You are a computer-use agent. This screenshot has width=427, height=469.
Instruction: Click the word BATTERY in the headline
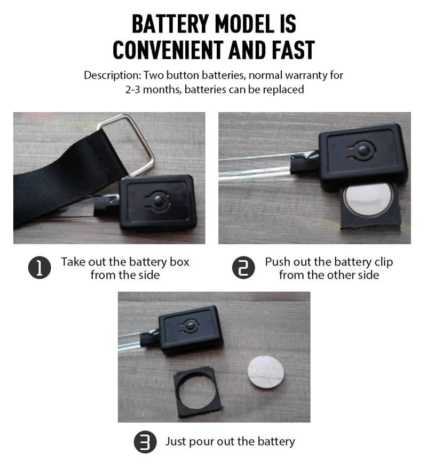point(170,24)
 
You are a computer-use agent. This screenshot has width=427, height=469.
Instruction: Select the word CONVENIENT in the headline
point(168,50)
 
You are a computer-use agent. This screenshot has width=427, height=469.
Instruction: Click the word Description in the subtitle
point(112,75)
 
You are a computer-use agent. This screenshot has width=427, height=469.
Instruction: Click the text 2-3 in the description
point(133,89)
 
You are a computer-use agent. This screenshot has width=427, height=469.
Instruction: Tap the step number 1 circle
point(39,268)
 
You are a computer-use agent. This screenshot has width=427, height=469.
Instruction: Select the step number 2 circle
point(243,268)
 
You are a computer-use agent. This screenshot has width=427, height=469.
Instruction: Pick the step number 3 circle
point(145,442)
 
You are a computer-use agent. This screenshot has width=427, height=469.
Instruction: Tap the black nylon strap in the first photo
point(60,176)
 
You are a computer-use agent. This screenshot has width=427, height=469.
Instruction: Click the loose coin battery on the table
point(266,372)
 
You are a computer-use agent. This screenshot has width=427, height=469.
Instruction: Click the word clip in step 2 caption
point(383,262)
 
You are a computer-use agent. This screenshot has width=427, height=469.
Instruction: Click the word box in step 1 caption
point(179,262)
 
